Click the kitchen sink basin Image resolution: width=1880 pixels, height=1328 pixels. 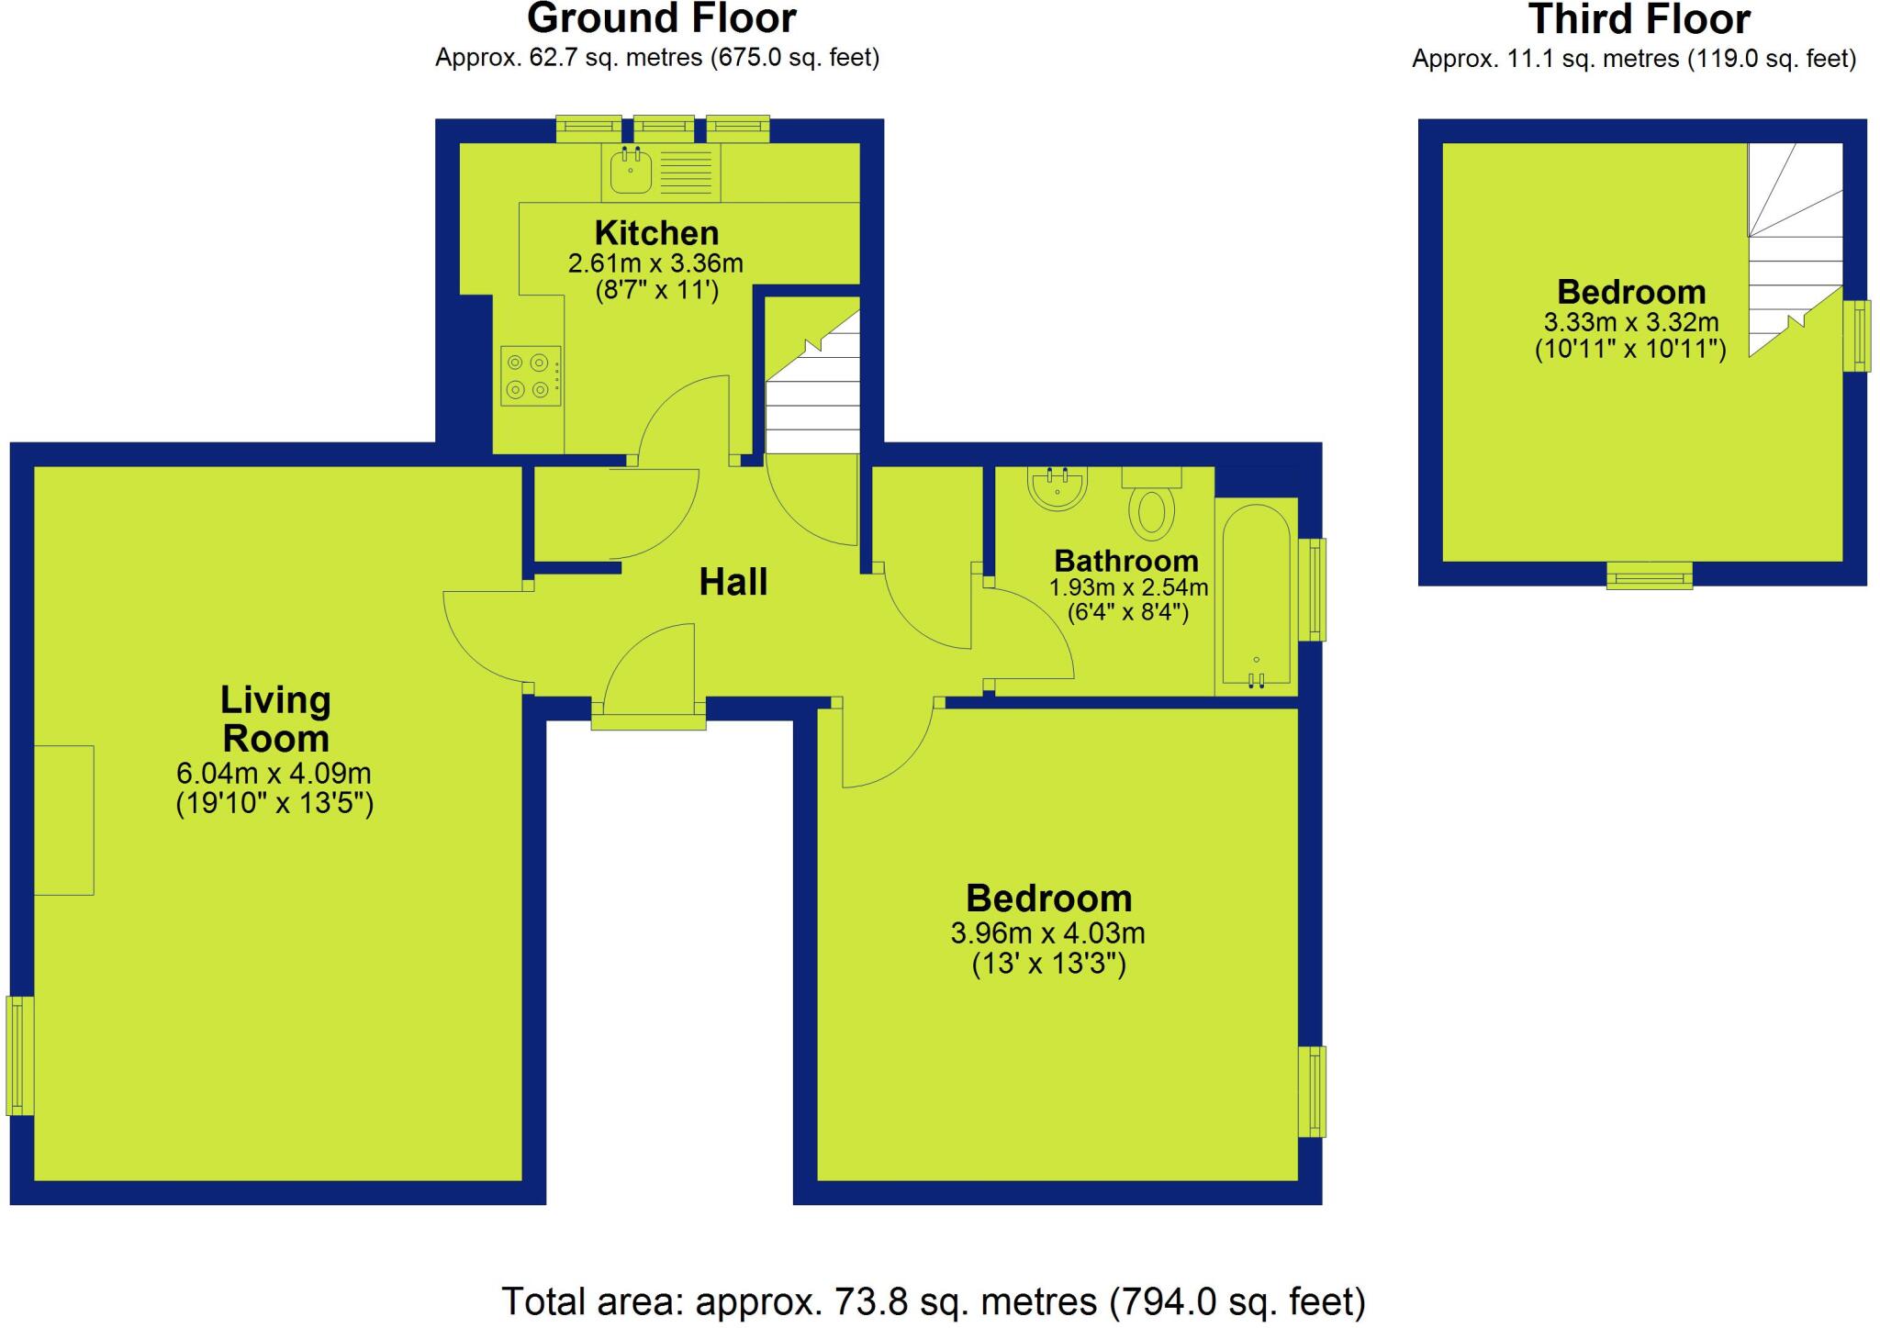631,172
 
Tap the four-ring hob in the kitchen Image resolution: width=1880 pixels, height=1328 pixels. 530,375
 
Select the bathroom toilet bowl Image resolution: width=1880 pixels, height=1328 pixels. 1151,513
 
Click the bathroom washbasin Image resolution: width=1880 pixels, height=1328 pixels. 1057,486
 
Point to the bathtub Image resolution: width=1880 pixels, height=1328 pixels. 1255,597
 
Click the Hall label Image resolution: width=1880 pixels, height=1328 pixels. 733,582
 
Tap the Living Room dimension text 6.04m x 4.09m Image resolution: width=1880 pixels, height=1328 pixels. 274,773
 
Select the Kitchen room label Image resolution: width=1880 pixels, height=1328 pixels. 655,232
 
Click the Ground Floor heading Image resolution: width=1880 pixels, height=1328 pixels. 660,18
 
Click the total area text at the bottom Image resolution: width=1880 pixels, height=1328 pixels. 933,1301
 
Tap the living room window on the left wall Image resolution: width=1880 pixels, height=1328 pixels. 20,1055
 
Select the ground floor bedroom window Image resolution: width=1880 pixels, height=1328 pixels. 1313,1091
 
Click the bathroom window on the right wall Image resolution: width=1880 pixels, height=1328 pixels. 1313,588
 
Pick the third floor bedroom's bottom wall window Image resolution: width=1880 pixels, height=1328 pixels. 1649,575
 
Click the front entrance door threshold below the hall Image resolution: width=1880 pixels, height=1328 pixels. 648,721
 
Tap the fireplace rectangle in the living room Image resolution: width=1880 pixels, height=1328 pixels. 64,820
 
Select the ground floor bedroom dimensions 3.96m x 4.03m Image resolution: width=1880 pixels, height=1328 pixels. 1047,933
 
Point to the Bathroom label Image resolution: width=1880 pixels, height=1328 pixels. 1125,560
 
